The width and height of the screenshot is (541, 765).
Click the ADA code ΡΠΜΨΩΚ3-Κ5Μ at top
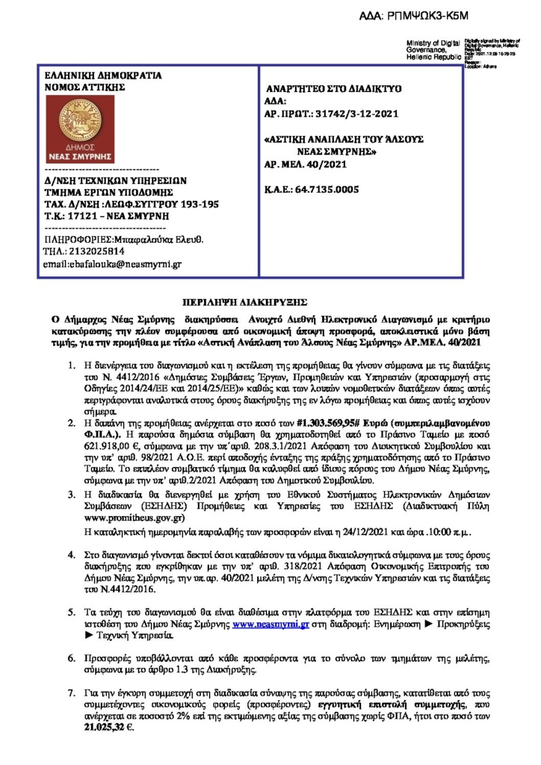448,15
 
